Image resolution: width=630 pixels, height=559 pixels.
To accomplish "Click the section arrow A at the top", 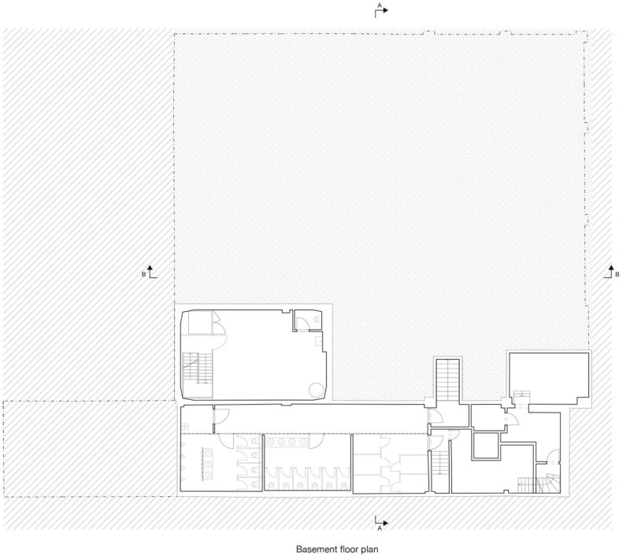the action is tap(382, 10).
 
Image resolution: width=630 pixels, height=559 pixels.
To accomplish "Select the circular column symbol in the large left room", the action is tap(317, 389).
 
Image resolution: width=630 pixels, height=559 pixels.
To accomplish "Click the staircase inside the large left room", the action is tap(198, 368).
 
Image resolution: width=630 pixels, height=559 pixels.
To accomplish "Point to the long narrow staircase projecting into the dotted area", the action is tap(448, 379).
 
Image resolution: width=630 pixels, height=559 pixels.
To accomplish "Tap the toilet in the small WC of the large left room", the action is tap(318, 320).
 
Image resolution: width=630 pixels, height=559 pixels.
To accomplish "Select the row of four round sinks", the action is tap(287, 442).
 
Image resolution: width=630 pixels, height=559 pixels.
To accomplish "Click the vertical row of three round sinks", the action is tap(209, 464).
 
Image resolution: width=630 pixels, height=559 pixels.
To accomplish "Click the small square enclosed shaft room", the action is tap(486, 446).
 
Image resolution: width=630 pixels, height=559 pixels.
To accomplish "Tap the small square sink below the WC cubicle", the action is tap(319, 342).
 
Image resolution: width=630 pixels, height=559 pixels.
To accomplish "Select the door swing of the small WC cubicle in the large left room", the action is tap(302, 324).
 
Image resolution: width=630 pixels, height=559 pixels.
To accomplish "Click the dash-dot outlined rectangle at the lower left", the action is tap(90, 449).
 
